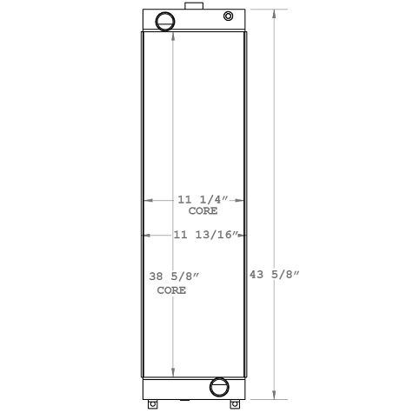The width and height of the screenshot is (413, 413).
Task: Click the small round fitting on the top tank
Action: [x=229, y=16]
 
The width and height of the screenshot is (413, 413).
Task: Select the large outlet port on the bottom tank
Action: [x=219, y=385]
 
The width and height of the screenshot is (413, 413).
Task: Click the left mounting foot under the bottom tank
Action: [x=154, y=403]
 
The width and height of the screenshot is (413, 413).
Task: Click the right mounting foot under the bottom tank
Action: [x=234, y=403]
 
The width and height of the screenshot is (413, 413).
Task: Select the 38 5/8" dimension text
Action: [x=174, y=276]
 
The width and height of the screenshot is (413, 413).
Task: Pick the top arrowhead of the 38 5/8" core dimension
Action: [x=174, y=37]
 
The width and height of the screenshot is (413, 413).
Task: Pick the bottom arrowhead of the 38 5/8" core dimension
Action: [x=174, y=372]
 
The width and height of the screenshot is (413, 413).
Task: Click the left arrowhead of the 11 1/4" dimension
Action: [x=147, y=200]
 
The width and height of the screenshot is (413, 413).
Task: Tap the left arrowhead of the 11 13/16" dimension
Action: [x=146, y=235]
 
